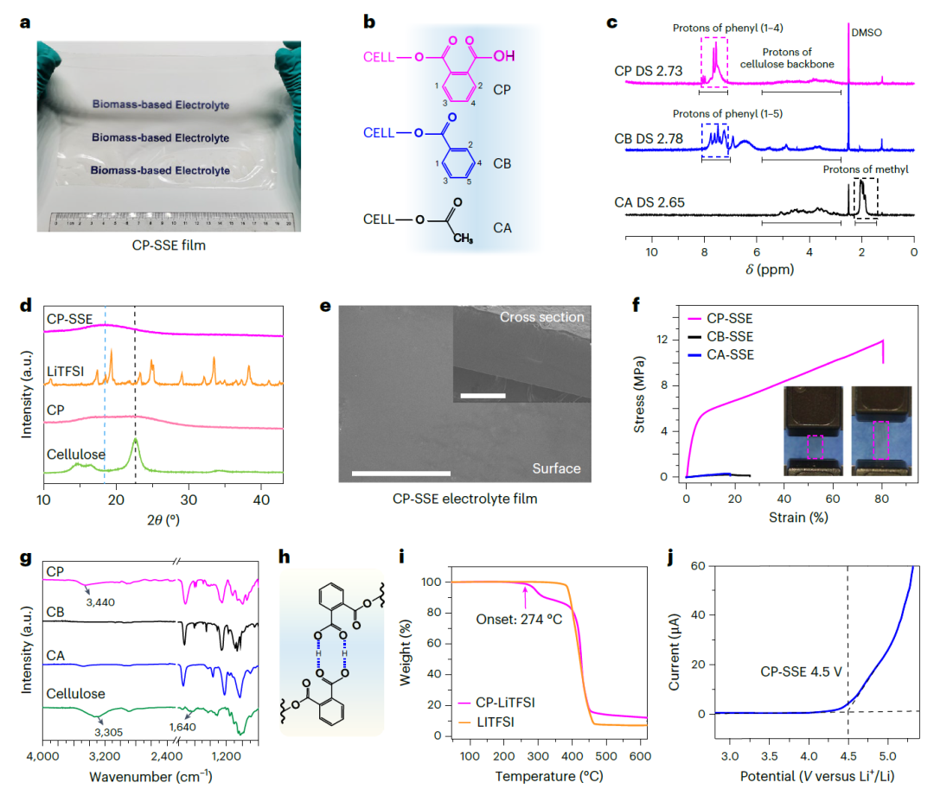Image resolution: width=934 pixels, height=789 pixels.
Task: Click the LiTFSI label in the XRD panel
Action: click(66, 372)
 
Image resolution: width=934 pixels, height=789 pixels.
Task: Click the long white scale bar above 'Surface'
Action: click(401, 473)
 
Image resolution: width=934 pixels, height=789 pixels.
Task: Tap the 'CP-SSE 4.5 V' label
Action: click(801, 670)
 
